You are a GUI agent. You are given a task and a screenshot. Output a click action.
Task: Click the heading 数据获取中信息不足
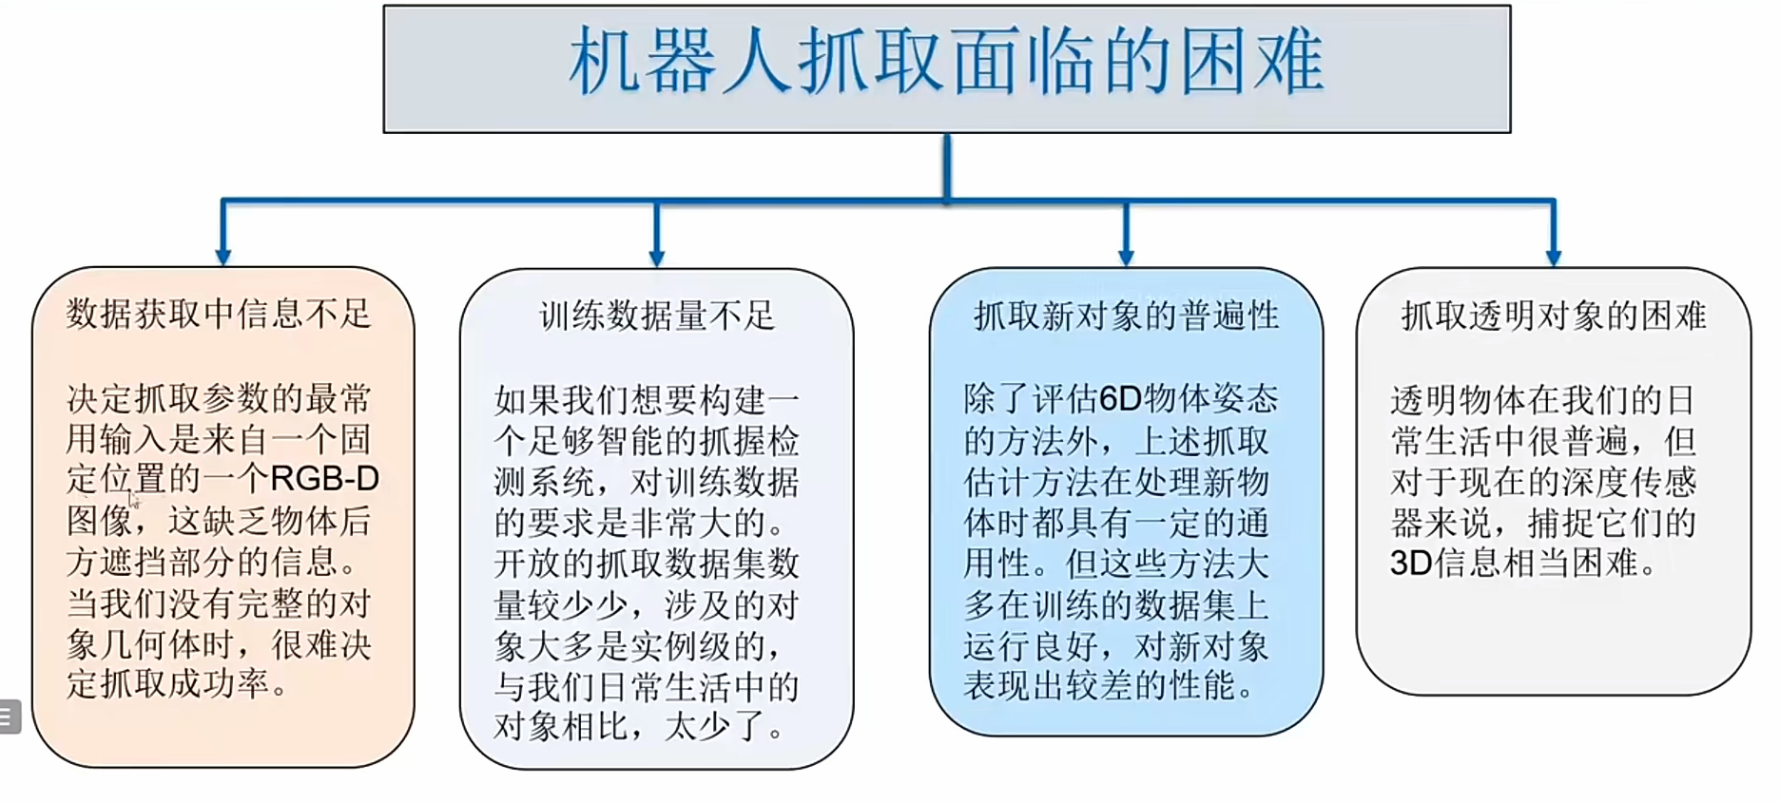pos(218,314)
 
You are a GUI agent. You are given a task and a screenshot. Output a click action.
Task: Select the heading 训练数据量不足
pos(656,315)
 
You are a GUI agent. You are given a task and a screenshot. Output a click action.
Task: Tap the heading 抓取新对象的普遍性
pos(1126,315)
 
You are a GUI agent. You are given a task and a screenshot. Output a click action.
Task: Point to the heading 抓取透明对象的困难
pos(1553,315)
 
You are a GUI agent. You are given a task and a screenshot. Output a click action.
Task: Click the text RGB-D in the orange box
pos(325,479)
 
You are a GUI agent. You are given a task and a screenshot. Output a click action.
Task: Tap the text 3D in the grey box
pos(1410,564)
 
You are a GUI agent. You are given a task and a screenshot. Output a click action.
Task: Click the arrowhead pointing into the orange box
pos(223,256)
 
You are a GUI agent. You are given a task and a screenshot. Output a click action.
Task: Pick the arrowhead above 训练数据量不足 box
pos(656,257)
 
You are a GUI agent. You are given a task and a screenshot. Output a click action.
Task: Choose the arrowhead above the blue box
pos(1126,257)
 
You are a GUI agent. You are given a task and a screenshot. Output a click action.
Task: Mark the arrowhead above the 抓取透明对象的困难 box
pos(1553,257)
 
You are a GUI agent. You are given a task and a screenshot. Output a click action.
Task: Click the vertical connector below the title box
pos(946,166)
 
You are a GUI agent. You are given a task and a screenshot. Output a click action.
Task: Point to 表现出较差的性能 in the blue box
pos(1100,686)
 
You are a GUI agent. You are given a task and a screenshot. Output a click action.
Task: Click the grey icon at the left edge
pos(8,717)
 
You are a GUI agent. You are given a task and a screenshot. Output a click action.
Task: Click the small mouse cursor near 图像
pos(134,500)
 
